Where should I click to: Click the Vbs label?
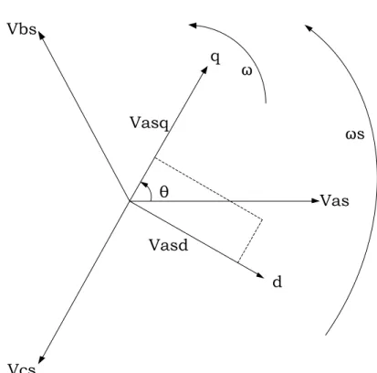[x=22, y=29]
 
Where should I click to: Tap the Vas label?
[x=335, y=201]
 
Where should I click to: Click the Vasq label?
[x=150, y=123]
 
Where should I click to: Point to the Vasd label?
[x=169, y=245]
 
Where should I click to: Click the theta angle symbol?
[x=163, y=192]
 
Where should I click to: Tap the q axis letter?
[x=215, y=58]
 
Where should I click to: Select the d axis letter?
[x=278, y=282]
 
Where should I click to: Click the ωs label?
[x=355, y=134]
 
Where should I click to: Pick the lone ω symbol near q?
[x=246, y=71]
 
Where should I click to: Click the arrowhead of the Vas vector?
[x=316, y=201]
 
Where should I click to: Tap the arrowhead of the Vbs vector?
[x=41, y=35]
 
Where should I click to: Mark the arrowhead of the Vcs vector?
[x=41, y=359]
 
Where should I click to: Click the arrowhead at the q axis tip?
[x=204, y=70]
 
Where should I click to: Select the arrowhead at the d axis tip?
[x=260, y=275]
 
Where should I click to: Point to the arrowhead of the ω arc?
[x=193, y=26]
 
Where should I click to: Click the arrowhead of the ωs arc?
[x=309, y=28]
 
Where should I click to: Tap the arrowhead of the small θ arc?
[x=143, y=184]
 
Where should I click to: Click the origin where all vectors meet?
[x=130, y=201]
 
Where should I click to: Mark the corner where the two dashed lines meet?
[x=262, y=219]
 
